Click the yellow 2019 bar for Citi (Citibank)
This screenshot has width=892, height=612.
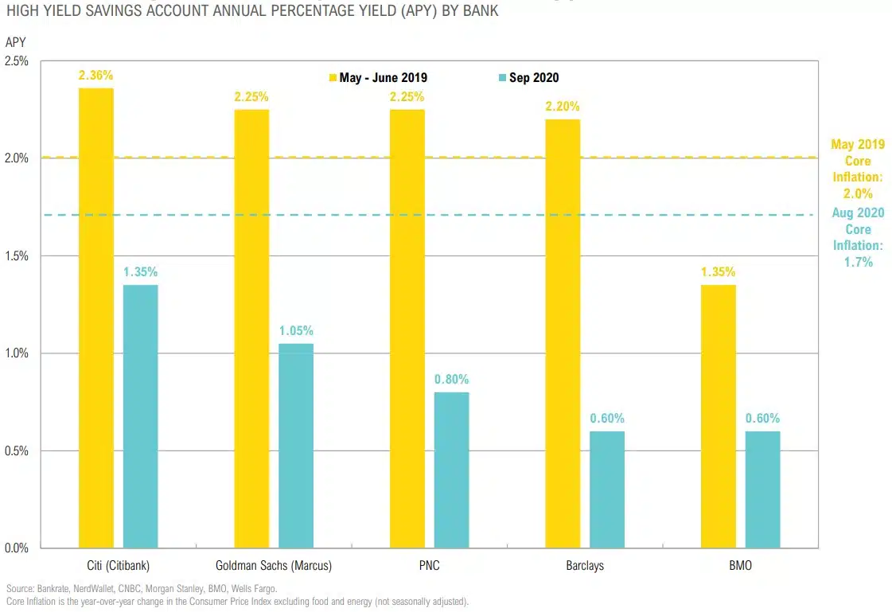click(95, 318)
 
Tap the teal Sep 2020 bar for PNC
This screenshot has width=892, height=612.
click(451, 470)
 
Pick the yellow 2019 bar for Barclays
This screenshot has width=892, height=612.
click(563, 334)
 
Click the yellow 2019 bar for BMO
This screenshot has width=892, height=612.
click(718, 415)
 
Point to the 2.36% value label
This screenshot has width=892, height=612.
click(95, 76)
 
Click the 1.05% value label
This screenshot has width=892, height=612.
click(296, 330)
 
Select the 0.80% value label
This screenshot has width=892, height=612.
click(451, 379)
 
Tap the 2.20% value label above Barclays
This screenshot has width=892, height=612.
click(563, 106)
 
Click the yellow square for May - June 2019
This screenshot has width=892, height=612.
click(333, 78)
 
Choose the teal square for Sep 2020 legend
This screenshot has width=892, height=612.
click(502, 78)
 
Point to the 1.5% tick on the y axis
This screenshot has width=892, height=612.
click(17, 256)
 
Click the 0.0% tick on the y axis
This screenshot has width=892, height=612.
click(17, 548)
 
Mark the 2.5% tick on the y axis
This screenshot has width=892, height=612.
click(17, 61)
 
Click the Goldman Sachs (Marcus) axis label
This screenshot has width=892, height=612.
click(274, 567)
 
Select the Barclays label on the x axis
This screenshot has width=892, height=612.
click(585, 567)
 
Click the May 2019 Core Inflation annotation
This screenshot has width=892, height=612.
click(857, 169)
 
